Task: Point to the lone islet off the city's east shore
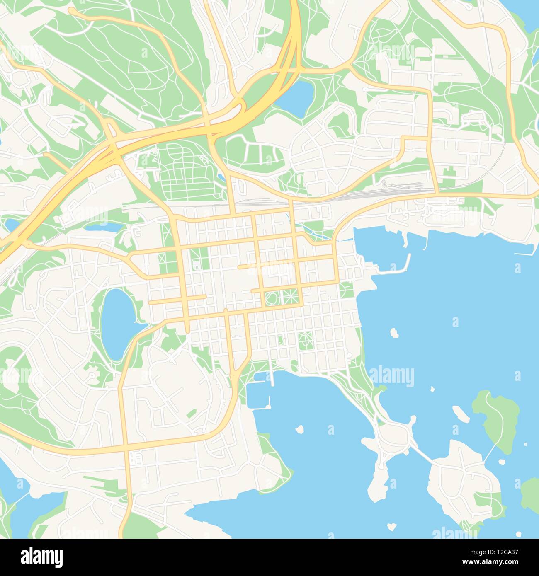coord(394,332)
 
